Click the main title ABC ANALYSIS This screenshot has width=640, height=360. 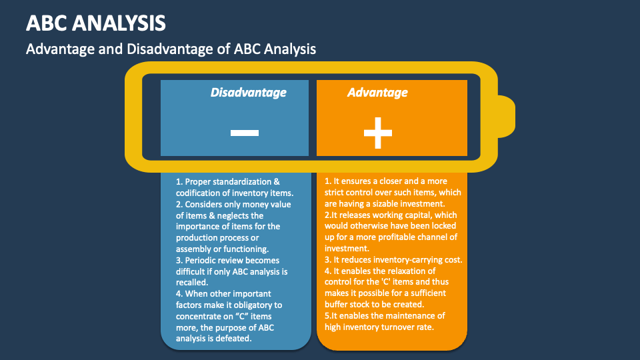click(x=96, y=23)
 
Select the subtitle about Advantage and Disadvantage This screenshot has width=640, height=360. click(x=170, y=49)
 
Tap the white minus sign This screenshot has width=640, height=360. click(x=244, y=133)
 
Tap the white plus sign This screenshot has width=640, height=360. click(x=378, y=133)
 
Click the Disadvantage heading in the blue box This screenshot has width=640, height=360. click(x=248, y=93)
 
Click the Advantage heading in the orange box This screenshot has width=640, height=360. click(x=377, y=93)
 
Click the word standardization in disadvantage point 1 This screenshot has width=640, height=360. click(x=244, y=182)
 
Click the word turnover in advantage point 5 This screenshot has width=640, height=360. click(x=403, y=327)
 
